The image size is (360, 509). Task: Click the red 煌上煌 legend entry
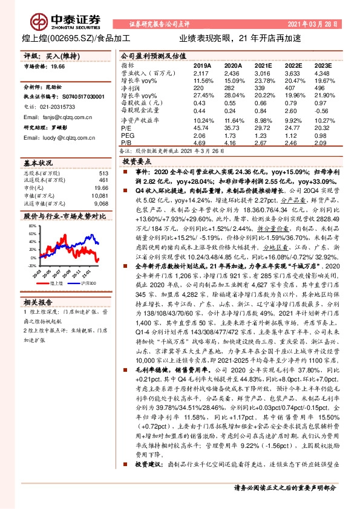click(x=56, y=282)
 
